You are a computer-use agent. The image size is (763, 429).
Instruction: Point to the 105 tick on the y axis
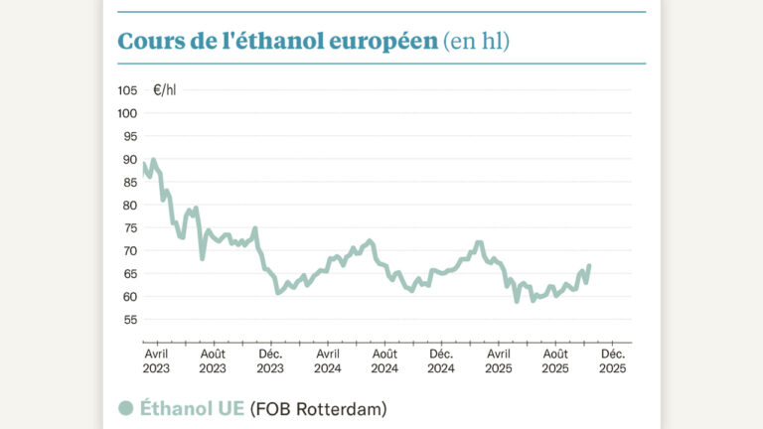tap(127, 90)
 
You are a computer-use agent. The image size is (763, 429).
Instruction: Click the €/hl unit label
tap(165, 90)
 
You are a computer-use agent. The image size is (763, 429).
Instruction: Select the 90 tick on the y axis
tap(130, 159)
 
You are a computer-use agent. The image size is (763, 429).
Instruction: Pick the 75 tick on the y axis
tap(130, 227)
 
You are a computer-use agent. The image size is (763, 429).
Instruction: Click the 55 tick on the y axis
tap(130, 319)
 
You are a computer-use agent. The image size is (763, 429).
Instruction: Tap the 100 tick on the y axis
tap(127, 113)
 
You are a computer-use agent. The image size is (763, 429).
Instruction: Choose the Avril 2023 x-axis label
tap(156, 359)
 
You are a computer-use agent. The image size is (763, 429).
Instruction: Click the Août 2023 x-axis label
tap(213, 359)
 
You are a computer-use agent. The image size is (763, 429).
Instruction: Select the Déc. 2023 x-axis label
tap(270, 359)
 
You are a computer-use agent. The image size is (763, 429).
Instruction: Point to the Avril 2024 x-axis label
tap(327, 359)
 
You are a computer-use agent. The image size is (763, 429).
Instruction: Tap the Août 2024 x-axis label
tap(384, 359)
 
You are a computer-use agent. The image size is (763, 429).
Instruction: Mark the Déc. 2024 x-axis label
tap(441, 359)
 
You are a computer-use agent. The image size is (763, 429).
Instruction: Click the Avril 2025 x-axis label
tap(499, 359)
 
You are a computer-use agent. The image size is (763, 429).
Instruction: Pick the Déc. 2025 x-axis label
tap(613, 359)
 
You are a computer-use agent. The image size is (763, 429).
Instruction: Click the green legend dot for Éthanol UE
tap(126, 408)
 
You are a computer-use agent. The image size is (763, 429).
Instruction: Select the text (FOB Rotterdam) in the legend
tap(317, 408)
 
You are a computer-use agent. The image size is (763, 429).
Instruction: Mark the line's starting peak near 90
tap(152, 160)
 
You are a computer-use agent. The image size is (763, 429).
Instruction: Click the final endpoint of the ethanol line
tap(589, 265)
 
